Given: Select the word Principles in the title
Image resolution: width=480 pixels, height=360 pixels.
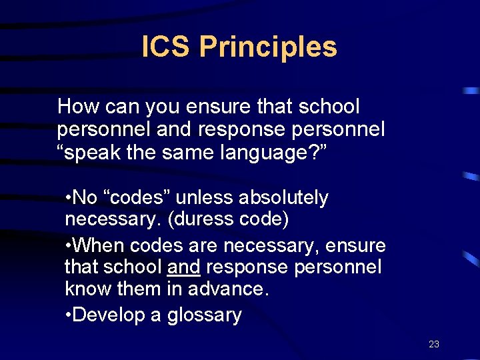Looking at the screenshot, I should [x=268, y=47].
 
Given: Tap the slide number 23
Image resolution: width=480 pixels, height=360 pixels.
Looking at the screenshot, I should [x=434, y=344].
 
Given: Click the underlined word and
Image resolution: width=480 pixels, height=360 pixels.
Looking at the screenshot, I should [x=184, y=267].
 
